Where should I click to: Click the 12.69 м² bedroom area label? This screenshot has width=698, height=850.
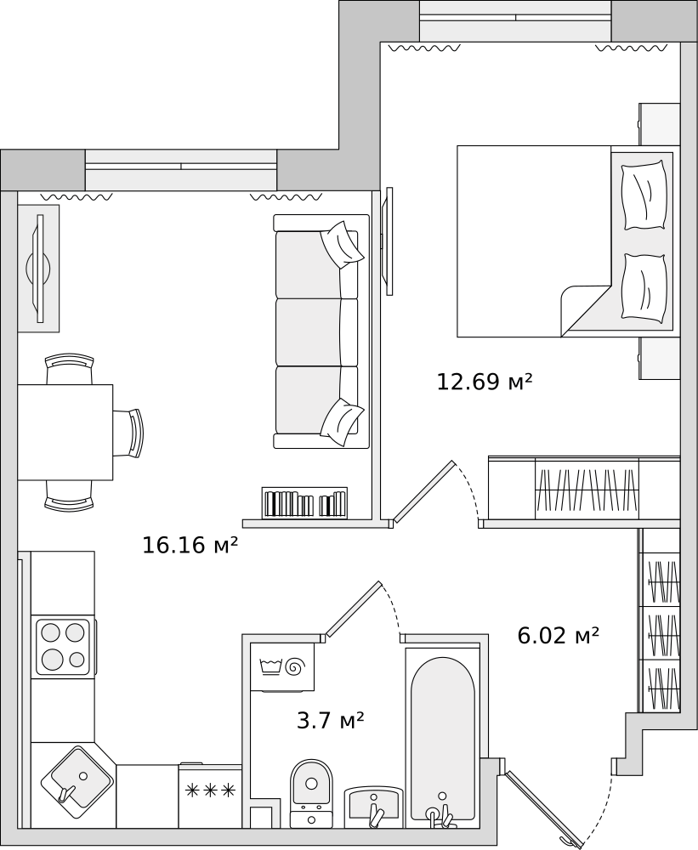pos(485,382)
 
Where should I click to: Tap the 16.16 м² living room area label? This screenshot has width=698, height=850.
pos(190,545)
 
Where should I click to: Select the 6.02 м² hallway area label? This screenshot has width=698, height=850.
pos(558,635)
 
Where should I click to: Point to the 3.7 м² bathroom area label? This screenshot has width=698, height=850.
pos(330,721)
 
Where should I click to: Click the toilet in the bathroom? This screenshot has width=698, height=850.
pos(311,793)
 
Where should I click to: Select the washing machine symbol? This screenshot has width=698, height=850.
pos(282,666)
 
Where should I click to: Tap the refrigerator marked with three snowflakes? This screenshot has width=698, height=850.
pos(210,796)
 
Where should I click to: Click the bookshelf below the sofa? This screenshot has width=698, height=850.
pos(304,502)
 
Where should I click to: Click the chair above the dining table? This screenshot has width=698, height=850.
pos(70,369)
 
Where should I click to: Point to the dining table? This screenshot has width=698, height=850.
pos(65,433)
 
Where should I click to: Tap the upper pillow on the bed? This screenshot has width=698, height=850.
pos(644,195)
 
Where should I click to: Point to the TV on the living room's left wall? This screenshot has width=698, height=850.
pos(39,269)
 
